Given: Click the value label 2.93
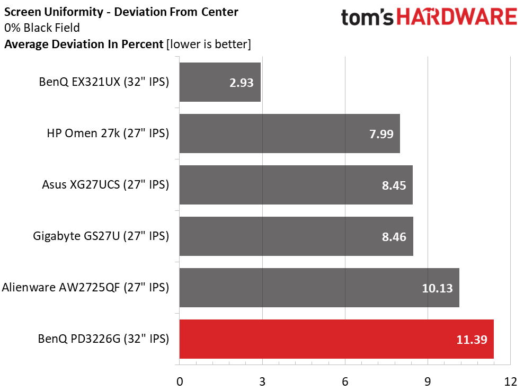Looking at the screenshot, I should pyautogui.click(x=241, y=83).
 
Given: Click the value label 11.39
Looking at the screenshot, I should pyautogui.click(x=472, y=340).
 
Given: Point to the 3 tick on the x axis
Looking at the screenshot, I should pyautogui.click(x=262, y=382).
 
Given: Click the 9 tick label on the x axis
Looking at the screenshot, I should pyautogui.click(x=428, y=382).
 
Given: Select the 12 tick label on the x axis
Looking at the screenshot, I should pyautogui.click(x=510, y=382).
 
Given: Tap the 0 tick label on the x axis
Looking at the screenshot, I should pyautogui.click(x=180, y=382).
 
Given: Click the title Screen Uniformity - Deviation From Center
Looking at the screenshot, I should pyautogui.click(x=121, y=12).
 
